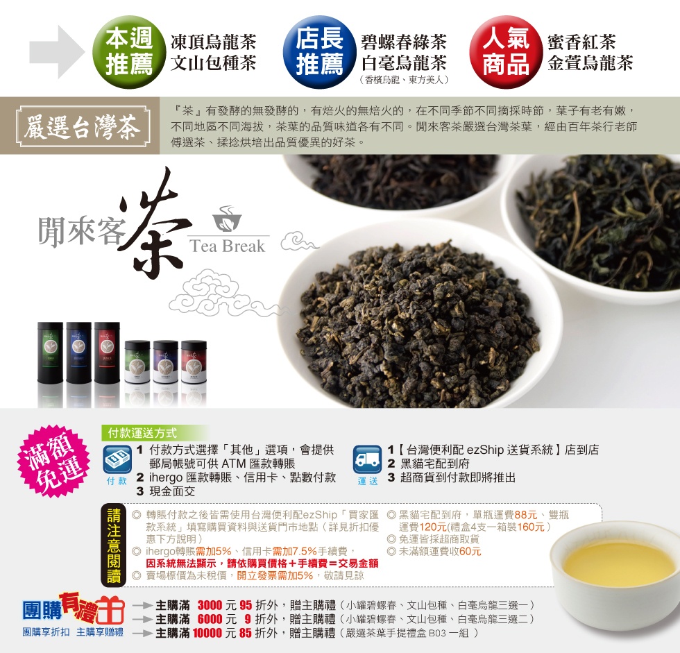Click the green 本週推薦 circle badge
(129, 52)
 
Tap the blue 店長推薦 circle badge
(320, 52)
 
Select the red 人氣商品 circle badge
(506, 52)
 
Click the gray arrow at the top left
(57, 52)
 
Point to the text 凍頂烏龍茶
(214, 42)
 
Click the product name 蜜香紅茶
(581, 42)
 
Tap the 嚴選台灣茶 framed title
(83, 126)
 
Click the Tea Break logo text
(228, 246)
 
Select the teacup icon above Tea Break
(227, 219)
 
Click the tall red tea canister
(107, 353)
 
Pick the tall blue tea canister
(78, 353)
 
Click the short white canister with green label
(137, 362)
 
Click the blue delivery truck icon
(367, 459)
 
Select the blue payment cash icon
(117, 459)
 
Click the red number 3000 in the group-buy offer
(210, 605)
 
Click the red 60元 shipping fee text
(470, 551)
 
